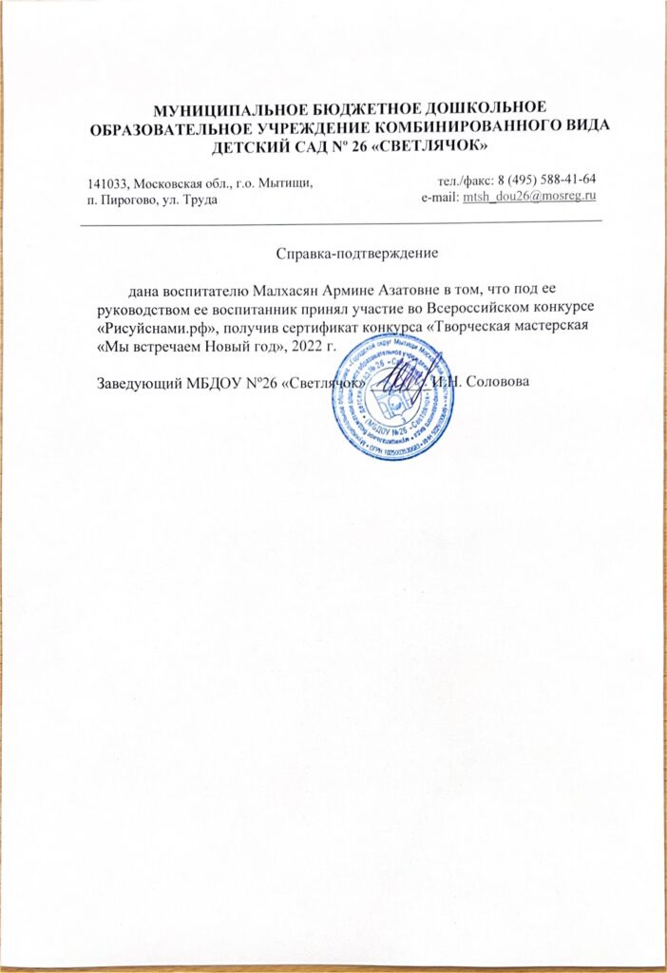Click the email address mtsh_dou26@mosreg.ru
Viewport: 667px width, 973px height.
coord(528,197)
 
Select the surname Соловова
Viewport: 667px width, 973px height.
coord(501,382)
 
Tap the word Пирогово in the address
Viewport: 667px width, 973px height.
coord(127,198)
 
